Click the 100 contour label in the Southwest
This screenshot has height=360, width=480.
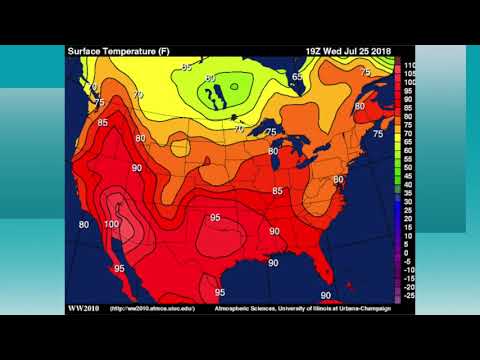[110, 224]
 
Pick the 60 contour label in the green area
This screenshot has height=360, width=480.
[210, 78]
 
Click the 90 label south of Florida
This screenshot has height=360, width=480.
[325, 295]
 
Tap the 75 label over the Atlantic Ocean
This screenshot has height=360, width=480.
[377, 134]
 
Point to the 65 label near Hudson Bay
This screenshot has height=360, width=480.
[297, 76]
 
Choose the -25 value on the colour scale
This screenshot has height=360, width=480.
[409, 296]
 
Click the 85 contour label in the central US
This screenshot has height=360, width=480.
[278, 190]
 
